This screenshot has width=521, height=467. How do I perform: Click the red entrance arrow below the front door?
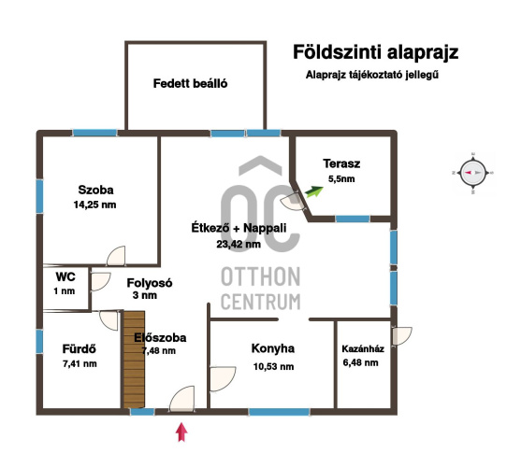(181, 432)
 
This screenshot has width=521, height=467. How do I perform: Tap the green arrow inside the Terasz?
(314, 191)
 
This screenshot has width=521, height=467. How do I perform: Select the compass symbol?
(472, 173)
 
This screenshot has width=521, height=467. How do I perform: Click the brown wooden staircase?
(134, 360)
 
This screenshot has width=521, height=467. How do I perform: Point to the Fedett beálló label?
(191, 83)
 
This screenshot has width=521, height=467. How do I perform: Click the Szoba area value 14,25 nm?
(95, 205)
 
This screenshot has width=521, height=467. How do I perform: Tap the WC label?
(65, 276)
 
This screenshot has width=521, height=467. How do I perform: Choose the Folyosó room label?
(150, 283)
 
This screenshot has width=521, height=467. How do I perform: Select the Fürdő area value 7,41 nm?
(80, 364)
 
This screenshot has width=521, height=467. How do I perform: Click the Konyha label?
(273, 348)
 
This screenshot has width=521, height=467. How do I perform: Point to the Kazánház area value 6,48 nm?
(360, 362)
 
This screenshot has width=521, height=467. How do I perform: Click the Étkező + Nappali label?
(239, 228)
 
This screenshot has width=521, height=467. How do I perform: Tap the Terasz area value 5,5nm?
(341, 179)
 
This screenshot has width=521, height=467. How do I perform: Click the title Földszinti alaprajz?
(375, 52)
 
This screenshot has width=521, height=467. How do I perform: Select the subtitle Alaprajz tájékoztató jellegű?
(372, 75)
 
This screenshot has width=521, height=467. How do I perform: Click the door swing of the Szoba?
(116, 256)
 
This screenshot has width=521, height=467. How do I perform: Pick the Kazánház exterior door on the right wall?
(402, 336)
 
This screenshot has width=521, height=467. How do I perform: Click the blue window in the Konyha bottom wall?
(279, 412)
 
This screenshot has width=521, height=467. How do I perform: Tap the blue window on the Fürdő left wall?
(39, 342)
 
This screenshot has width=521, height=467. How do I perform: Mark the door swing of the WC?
(100, 282)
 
